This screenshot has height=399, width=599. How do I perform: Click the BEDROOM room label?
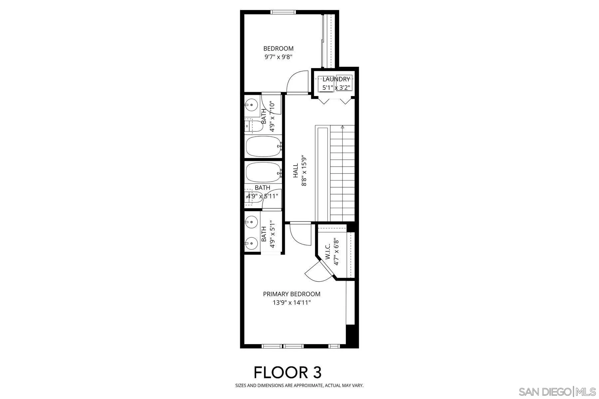tap(278, 49)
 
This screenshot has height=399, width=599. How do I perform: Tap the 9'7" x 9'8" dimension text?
tap(278, 57)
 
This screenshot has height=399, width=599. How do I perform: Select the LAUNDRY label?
tap(336, 79)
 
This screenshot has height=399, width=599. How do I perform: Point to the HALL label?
tap(296, 170)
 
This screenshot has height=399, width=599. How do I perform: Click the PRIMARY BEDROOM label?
tap(292, 294)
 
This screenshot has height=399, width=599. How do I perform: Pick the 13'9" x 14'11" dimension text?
tap(292, 303)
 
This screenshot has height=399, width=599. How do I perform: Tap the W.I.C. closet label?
tap(328, 252)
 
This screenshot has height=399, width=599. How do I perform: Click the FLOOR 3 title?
tap(288, 372)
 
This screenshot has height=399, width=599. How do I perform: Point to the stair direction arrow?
tap(342, 127)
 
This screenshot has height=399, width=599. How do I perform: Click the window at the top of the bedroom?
tap(284, 12)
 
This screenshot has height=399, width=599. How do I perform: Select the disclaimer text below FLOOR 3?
tap(299, 386)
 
